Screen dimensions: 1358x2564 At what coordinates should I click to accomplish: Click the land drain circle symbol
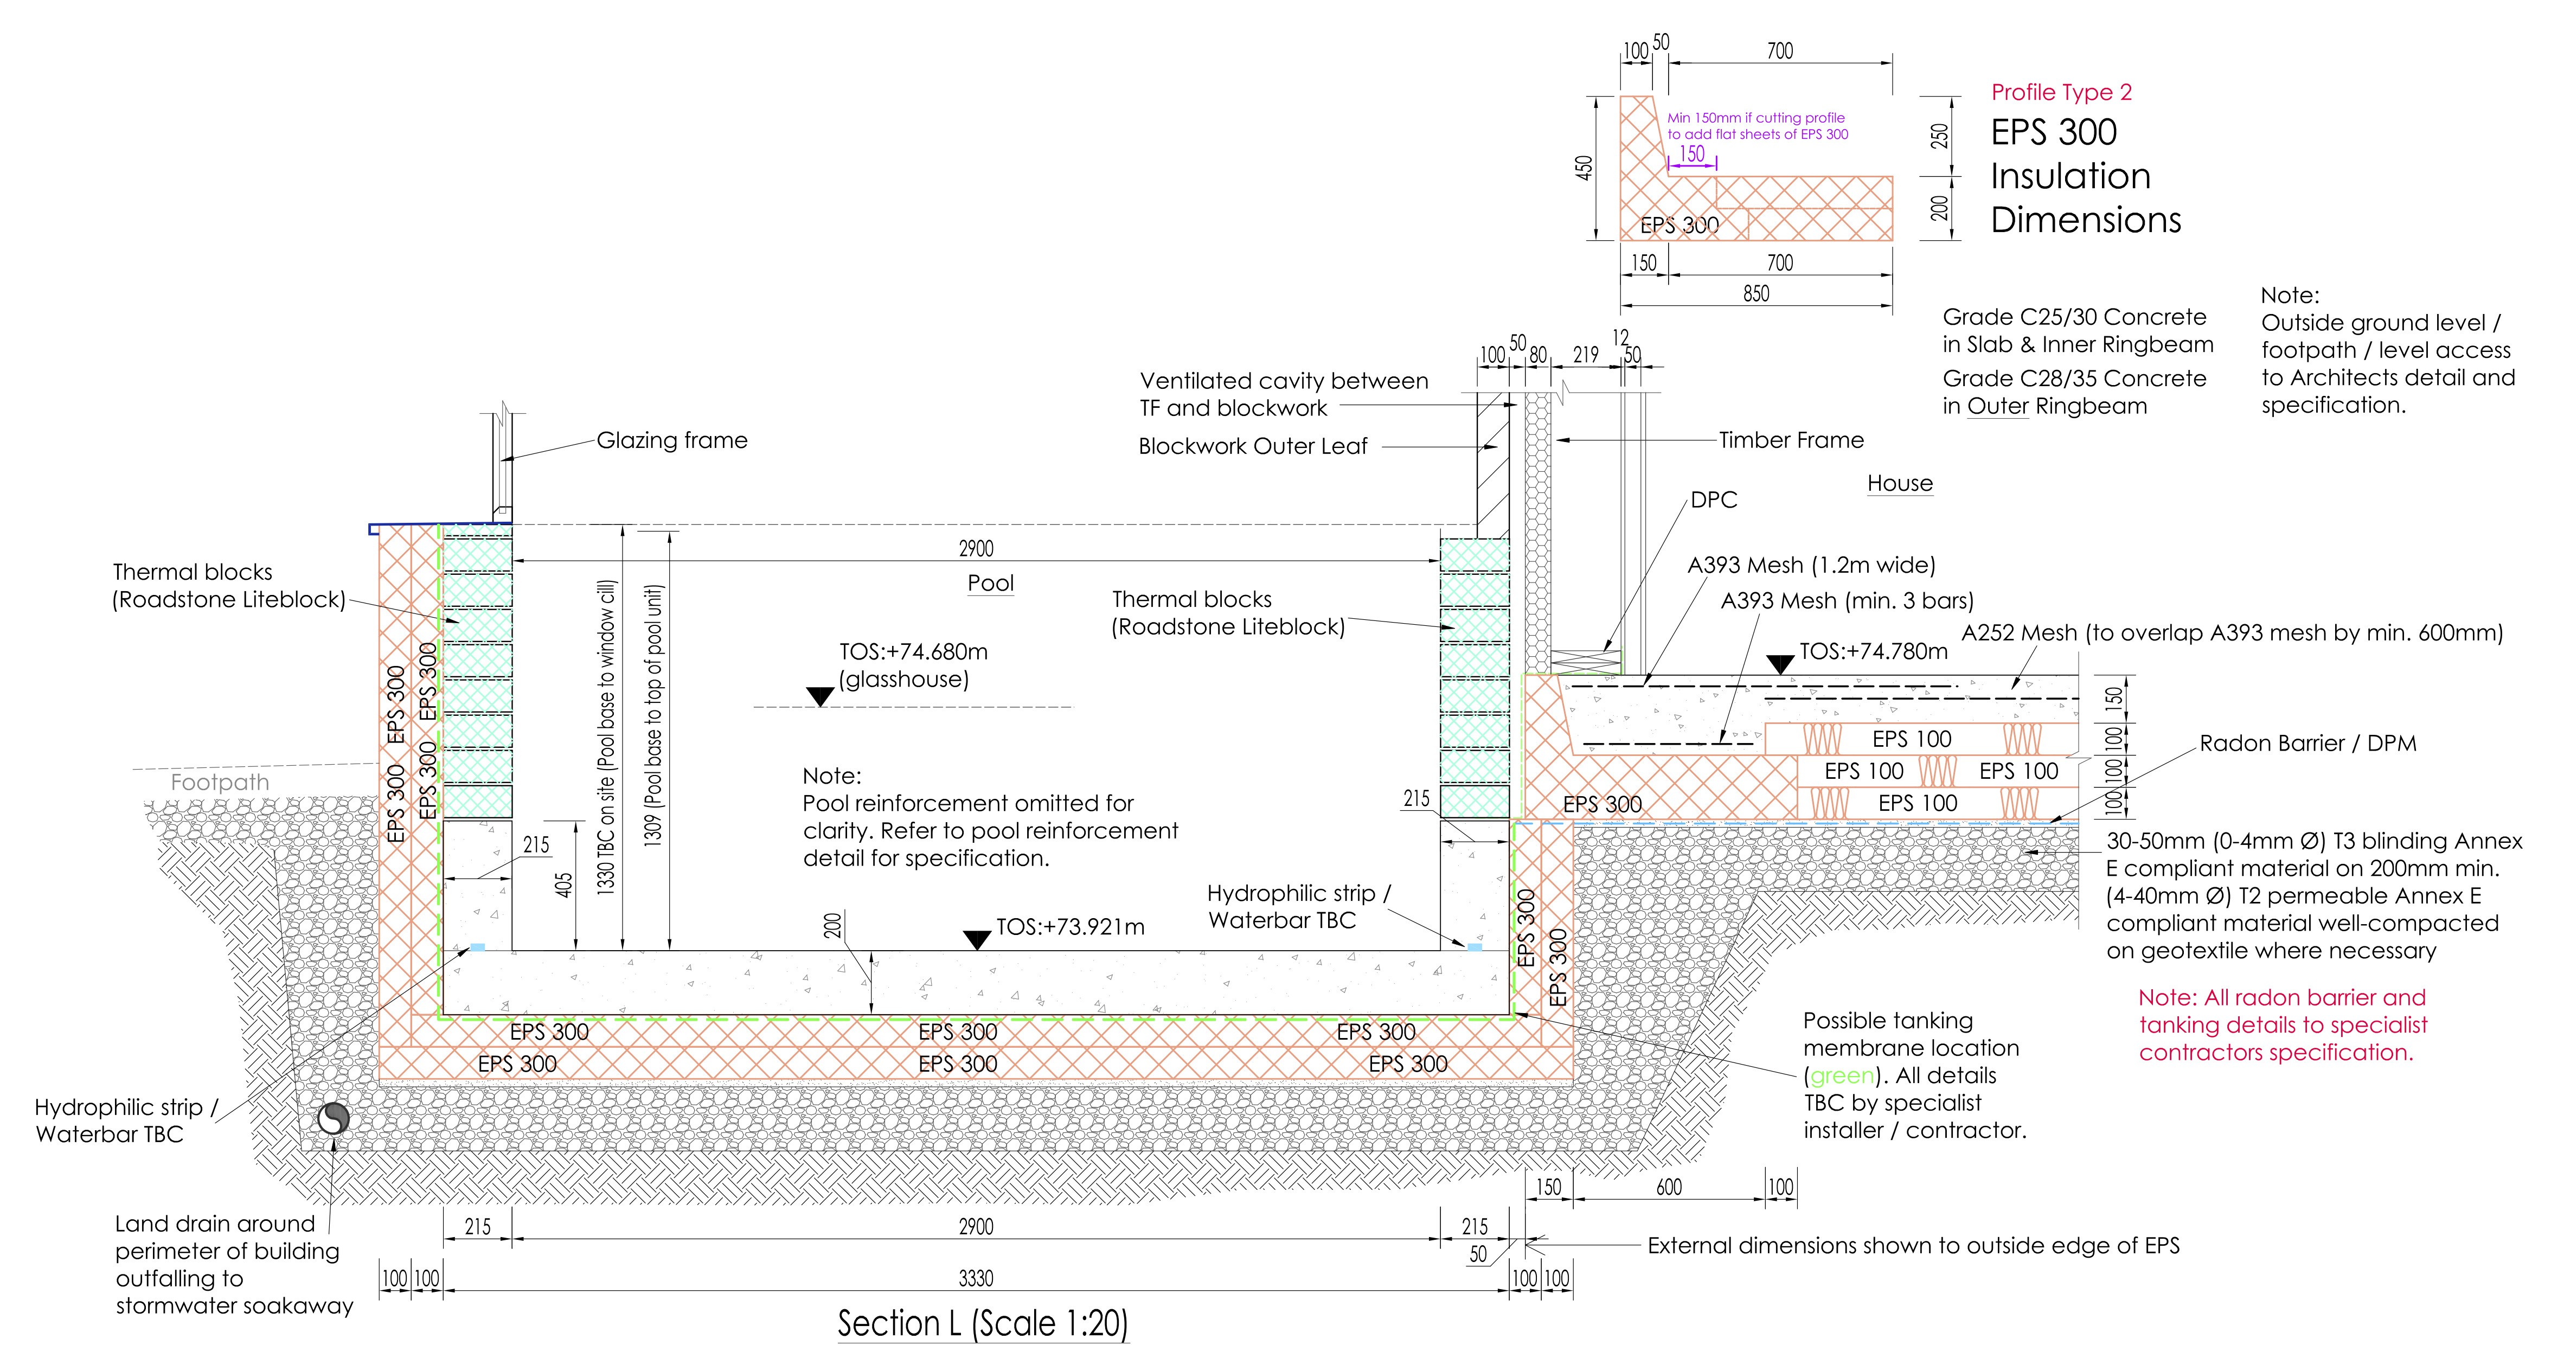pyautogui.click(x=334, y=1119)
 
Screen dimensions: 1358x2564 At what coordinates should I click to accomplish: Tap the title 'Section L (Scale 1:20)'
pyautogui.click(x=983, y=1323)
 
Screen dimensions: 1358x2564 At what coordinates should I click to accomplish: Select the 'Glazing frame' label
pyautogui.click(x=672, y=440)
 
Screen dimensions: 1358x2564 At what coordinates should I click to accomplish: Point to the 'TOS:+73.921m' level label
pyautogui.click(x=1070, y=927)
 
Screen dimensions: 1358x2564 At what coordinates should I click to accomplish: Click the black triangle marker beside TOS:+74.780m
pyautogui.click(x=1780, y=663)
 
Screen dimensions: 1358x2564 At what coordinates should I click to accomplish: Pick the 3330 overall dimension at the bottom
pyautogui.click(x=976, y=1278)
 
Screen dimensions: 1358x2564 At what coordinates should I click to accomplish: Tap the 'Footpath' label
pyautogui.click(x=220, y=783)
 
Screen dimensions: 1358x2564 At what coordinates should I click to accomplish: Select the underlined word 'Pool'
pyautogui.click(x=990, y=584)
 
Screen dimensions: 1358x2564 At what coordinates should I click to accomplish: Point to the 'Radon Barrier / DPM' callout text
pyautogui.click(x=2307, y=744)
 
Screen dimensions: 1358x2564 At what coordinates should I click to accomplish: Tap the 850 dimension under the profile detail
pyautogui.click(x=1756, y=294)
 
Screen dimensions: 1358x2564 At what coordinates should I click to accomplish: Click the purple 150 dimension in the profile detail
pyautogui.click(x=1692, y=155)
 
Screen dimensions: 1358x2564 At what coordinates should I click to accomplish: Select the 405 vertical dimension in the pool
pyautogui.click(x=563, y=885)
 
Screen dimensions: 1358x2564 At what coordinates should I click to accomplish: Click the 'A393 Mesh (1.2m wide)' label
pyautogui.click(x=1811, y=566)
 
